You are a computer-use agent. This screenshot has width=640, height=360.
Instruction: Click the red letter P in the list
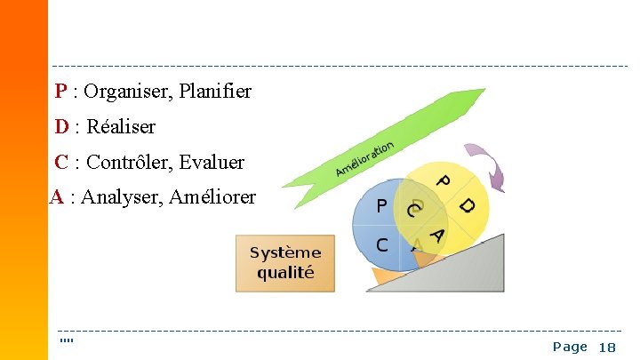(x=60, y=92)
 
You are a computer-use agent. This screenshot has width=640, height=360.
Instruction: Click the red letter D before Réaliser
(x=61, y=127)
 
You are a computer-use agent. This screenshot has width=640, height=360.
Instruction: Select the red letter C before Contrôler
(x=61, y=163)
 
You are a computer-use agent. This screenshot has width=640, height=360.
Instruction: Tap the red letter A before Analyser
(x=56, y=197)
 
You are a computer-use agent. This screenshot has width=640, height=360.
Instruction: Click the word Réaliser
(x=121, y=127)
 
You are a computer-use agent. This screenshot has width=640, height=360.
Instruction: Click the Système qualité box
(x=285, y=263)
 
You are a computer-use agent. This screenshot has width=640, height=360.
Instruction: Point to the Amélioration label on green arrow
(x=364, y=157)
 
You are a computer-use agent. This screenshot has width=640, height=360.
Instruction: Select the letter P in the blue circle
(x=381, y=207)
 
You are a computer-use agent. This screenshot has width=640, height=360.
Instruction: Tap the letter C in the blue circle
(x=381, y=244)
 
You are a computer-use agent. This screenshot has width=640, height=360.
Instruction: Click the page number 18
(x=607, y=348)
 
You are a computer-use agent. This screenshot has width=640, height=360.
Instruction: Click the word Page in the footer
(x=570, y=347)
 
